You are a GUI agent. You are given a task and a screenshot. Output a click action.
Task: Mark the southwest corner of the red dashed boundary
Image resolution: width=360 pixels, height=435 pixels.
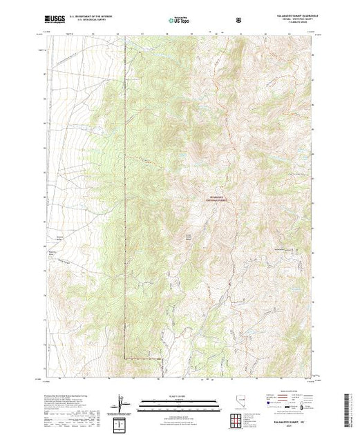coord(125,358)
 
